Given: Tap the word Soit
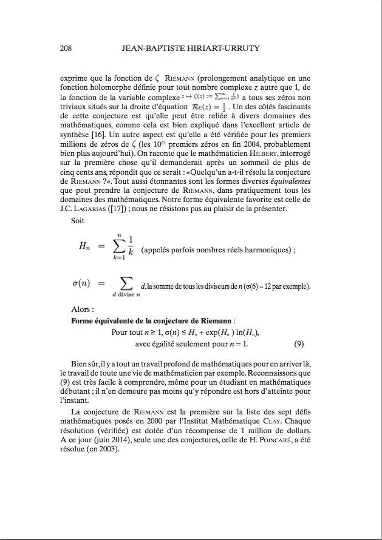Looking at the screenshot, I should click(x=78, y=221).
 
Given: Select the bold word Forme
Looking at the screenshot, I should click(x=84, y=320).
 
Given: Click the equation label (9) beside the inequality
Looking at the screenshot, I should click(x=298, y=344).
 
